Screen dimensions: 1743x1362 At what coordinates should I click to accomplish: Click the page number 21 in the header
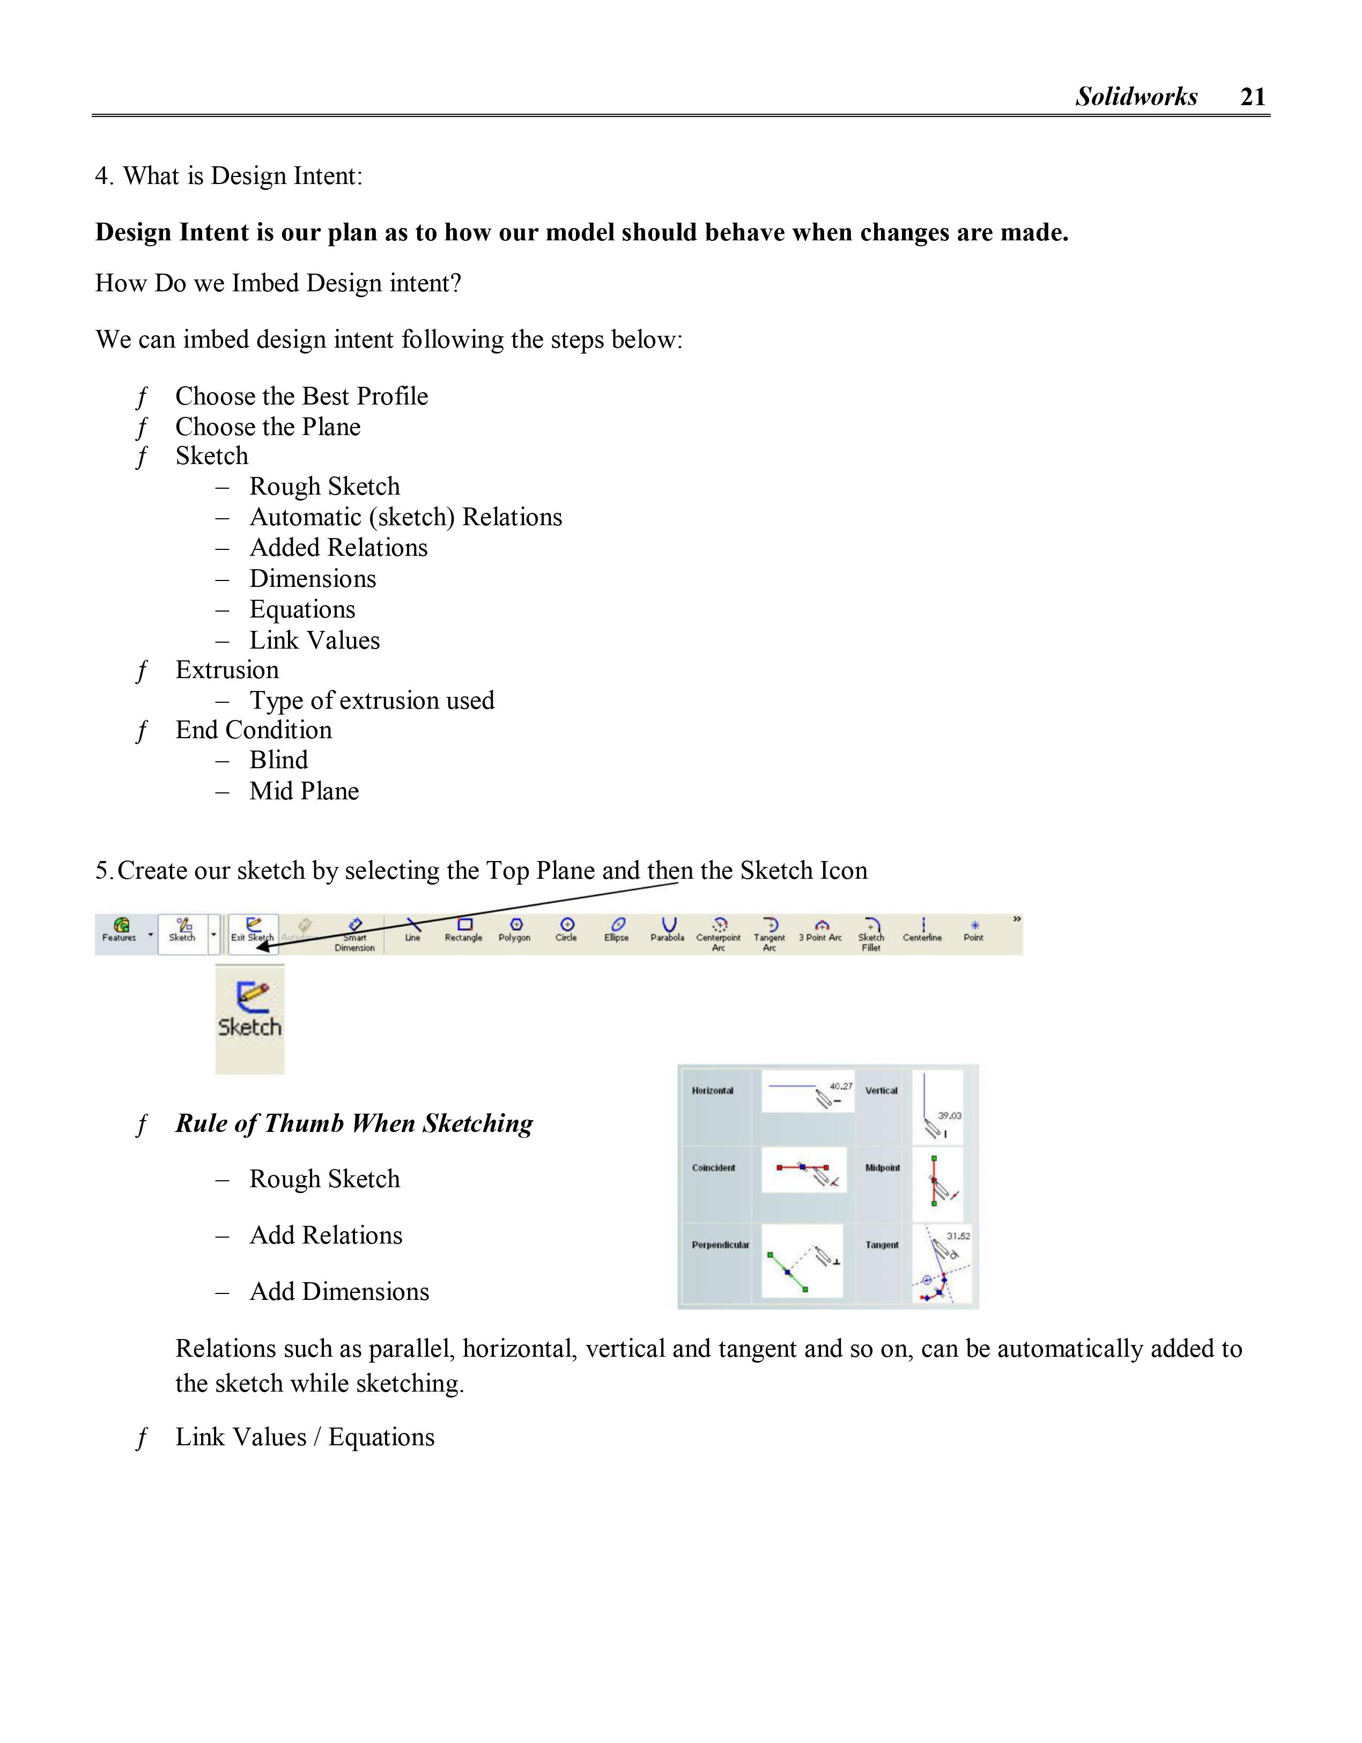coord(1253,97)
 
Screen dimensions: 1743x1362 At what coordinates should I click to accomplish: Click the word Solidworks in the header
coord(1136,97)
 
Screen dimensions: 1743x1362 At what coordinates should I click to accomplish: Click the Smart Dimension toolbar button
coord(355,934)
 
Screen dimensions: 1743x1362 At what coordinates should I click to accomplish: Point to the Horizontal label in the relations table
coord(713,1091)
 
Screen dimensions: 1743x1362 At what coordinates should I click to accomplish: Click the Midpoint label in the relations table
coord(883,1168)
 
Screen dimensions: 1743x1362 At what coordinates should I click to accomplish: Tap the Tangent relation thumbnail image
coord(942,1264)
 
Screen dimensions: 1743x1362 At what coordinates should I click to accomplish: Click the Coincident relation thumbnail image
coord(803,1171)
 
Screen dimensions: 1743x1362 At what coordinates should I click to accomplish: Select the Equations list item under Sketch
coord(302,610)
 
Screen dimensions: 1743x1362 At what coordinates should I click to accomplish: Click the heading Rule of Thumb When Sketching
coord(354,1124)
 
